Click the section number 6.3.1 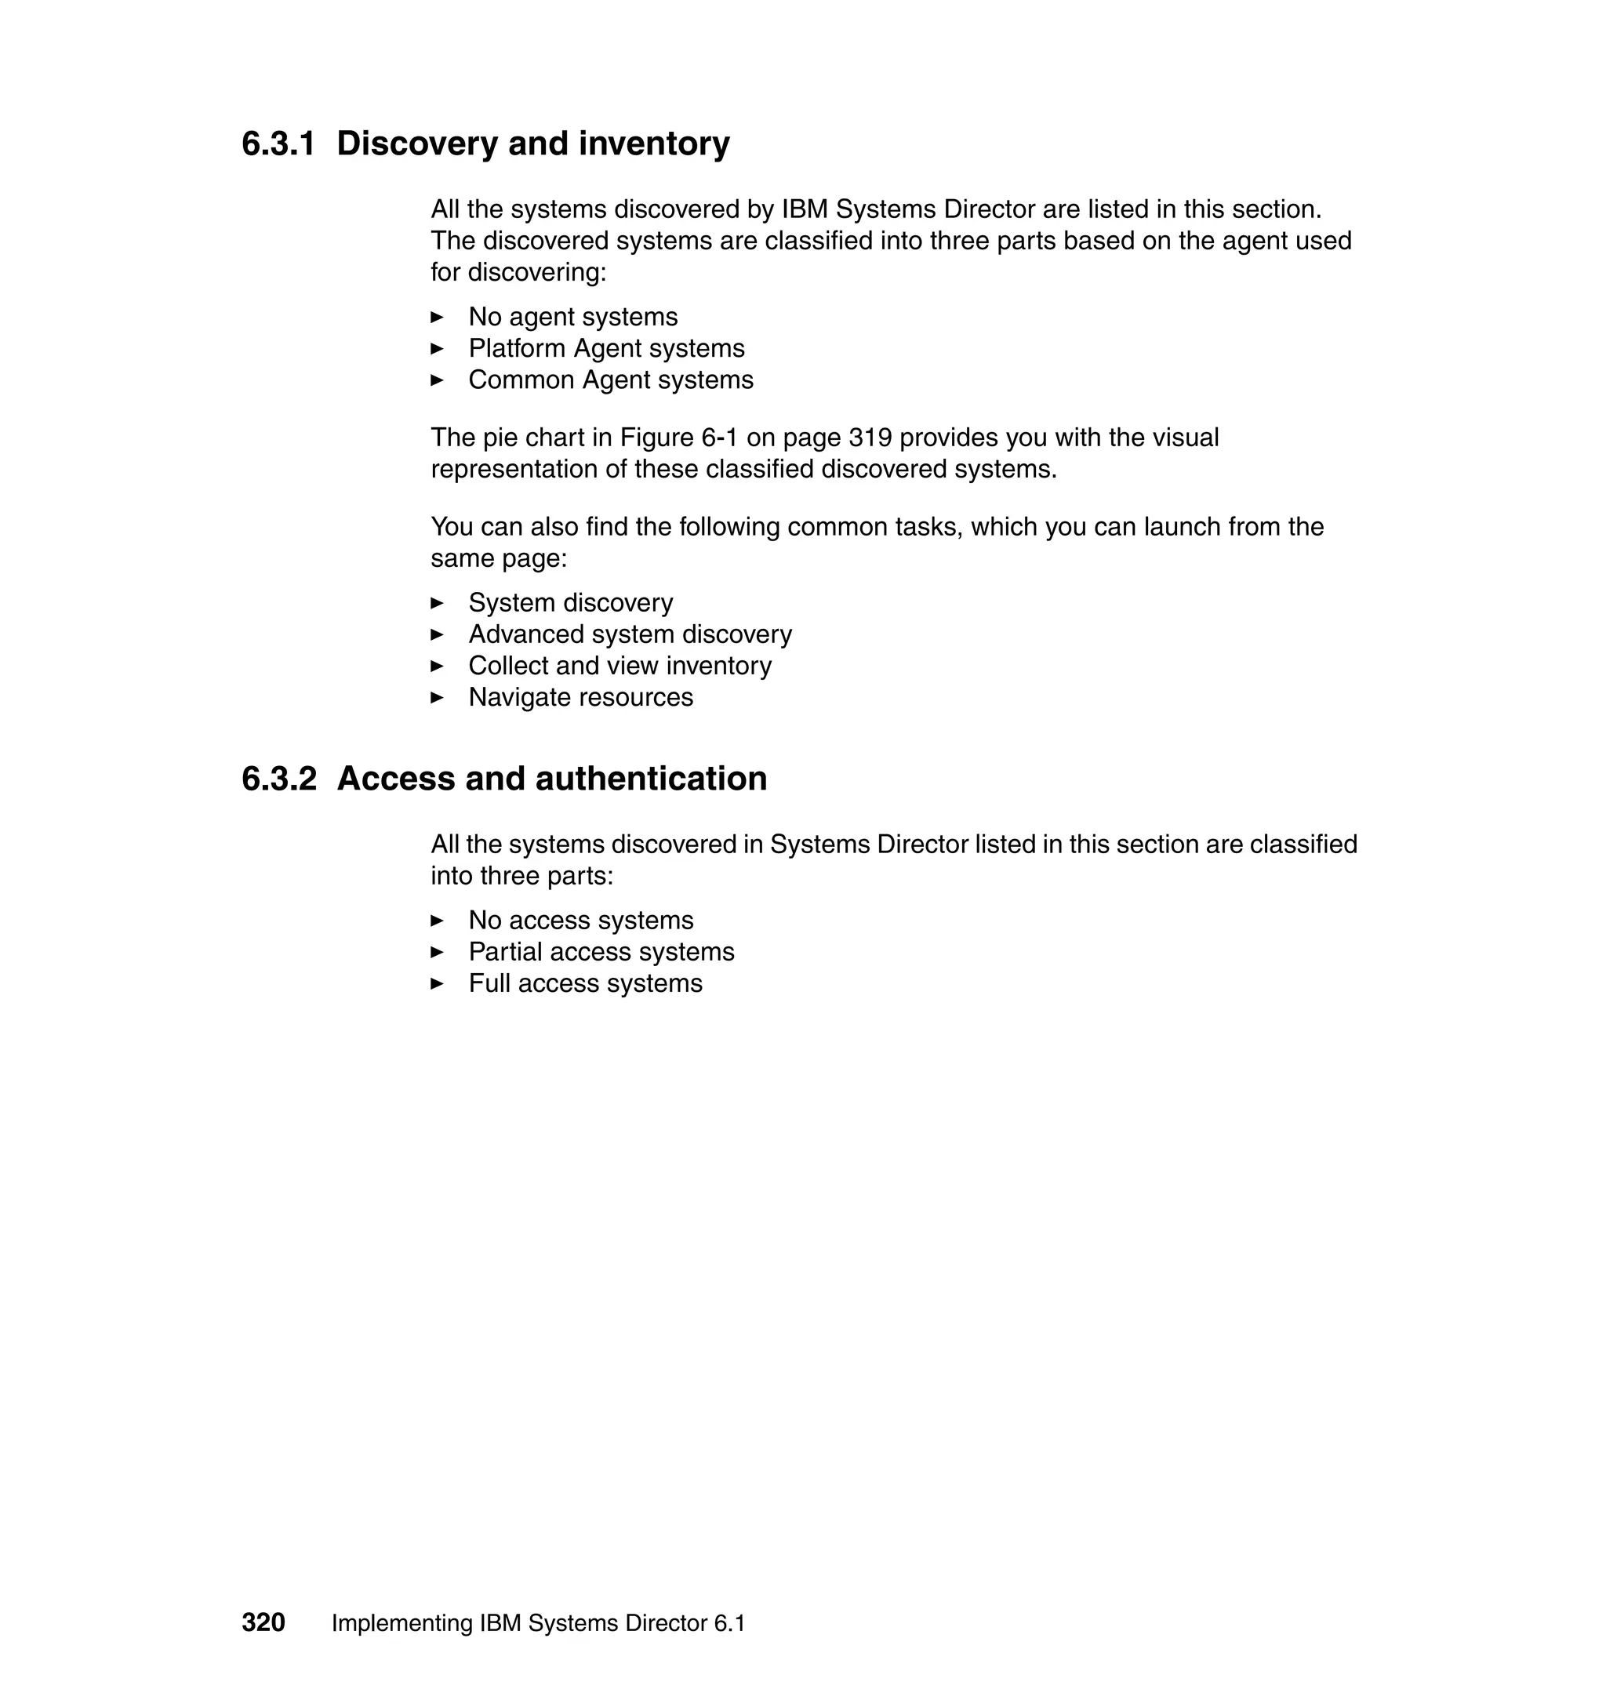pos(278,143)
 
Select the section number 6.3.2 pos(278,779)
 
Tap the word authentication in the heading pos(650,779)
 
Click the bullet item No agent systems pos(572,318)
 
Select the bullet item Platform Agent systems pos(605,349)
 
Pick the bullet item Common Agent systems pos(610,380)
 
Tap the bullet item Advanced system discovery pos(629,635)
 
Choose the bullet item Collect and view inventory pos(619,666)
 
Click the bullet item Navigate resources pos(580,698)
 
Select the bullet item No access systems pos(580,921)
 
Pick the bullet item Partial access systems pos(600,953)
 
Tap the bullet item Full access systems pos(585,984)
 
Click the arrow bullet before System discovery pos(437,604)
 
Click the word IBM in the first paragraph pos(804,209)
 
